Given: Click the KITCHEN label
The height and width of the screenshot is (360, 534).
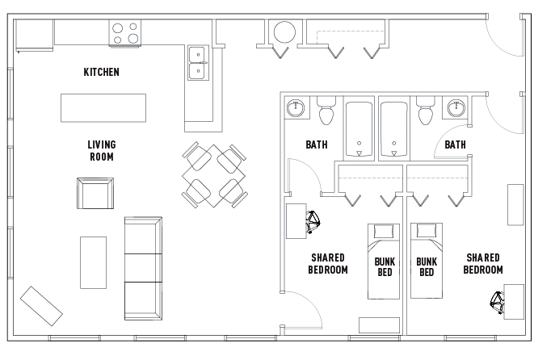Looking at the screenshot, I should pos(102,72).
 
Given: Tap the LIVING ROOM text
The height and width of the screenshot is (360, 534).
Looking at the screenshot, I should pos(101,151).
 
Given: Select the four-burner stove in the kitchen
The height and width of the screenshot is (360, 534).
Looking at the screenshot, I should pos(124,33).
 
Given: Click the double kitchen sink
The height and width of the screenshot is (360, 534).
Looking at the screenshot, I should pos(197,63).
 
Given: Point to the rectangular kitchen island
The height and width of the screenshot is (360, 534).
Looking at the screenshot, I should pos(103,107).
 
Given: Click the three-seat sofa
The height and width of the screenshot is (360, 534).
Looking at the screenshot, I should pos(143,267).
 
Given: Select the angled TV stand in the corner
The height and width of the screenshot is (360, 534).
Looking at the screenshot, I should pos(41,303).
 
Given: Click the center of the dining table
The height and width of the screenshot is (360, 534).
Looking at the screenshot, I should pos(213,175).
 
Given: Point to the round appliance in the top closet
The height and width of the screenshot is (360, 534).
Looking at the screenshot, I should pos(285,32).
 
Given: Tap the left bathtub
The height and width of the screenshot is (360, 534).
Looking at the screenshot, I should pos(359,129).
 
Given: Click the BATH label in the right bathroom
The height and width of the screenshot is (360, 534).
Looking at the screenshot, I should pos(455,145).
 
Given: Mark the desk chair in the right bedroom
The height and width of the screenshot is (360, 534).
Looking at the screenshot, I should pos(498,302).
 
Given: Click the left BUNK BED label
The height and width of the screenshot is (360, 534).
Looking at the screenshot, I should pos(385,267).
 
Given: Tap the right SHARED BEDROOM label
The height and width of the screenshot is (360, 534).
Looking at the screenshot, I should pos(484,264).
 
